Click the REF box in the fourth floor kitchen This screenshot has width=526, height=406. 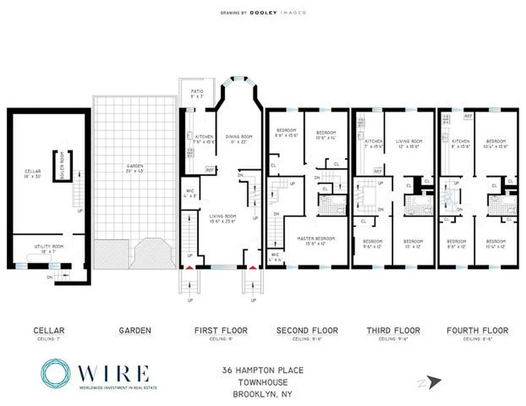pyautogui.click(x=469, y=116)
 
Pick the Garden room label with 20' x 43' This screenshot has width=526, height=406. pyautogui.click(x=135, y=168)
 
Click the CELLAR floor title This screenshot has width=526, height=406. pyautogui.click(x=49, y=330)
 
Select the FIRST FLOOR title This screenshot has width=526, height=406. pyautogui.click(x=221, y=330)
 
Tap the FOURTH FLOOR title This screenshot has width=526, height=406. pyautogui.click(x=477, y=330)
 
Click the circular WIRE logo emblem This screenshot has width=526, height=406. pyautogui.click(x=55, y=374)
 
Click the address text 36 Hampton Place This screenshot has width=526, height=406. pyautogui.click(x=262, y=370)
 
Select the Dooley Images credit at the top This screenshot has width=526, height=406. pyautogui.click(x=263, y=12)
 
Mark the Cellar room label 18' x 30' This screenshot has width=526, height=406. pyautogui.click(x=33, y=174)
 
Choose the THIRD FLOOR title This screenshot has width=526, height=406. pyautogui.click(x=393, y=330)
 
